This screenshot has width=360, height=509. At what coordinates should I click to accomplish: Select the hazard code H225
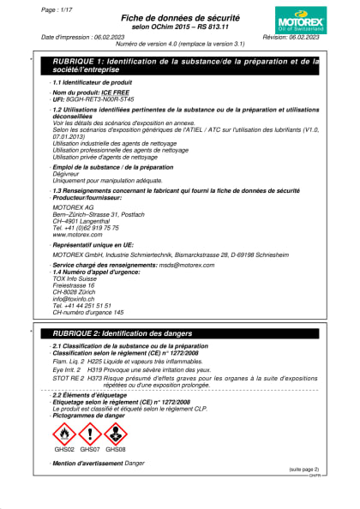[95, 362]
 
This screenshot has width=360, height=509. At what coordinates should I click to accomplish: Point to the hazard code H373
[95, 377]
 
